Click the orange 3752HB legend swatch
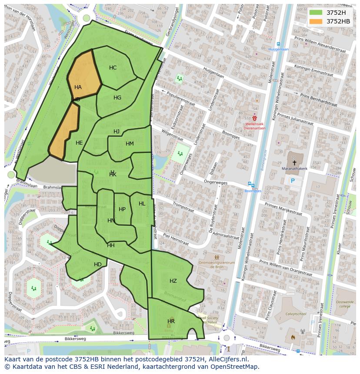[316, 21]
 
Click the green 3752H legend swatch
[316, 12]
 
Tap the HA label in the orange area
[78, 87]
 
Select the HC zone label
[113, 68]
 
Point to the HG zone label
[117, 98]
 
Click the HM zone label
[130, 144]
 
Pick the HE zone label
[79, 143]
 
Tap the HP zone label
[122, 209]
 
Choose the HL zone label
[142, 204]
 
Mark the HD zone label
[98, 265]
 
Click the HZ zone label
[173, 281]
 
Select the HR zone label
[171, 321]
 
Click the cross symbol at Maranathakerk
[294, 162]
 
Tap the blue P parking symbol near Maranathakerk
[293, 181]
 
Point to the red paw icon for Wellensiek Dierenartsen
[255, 118]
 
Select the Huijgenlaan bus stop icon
[278, 44]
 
